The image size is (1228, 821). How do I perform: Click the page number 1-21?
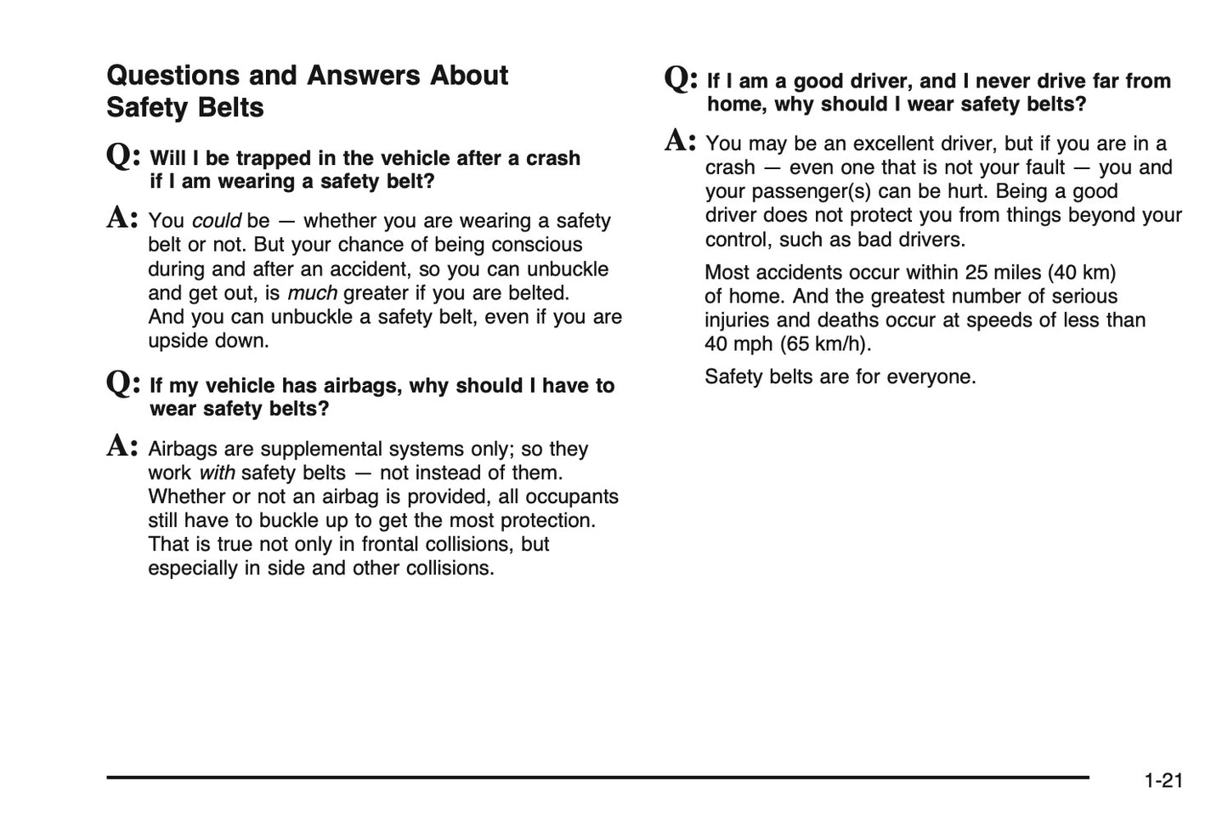1163,780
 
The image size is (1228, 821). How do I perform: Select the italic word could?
216,221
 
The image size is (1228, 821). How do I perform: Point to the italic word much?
312,293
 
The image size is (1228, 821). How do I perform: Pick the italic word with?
217,473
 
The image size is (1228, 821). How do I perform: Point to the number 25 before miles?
976,273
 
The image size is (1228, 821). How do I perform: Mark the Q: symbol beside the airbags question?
123,383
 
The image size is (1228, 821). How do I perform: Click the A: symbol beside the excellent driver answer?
680,140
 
